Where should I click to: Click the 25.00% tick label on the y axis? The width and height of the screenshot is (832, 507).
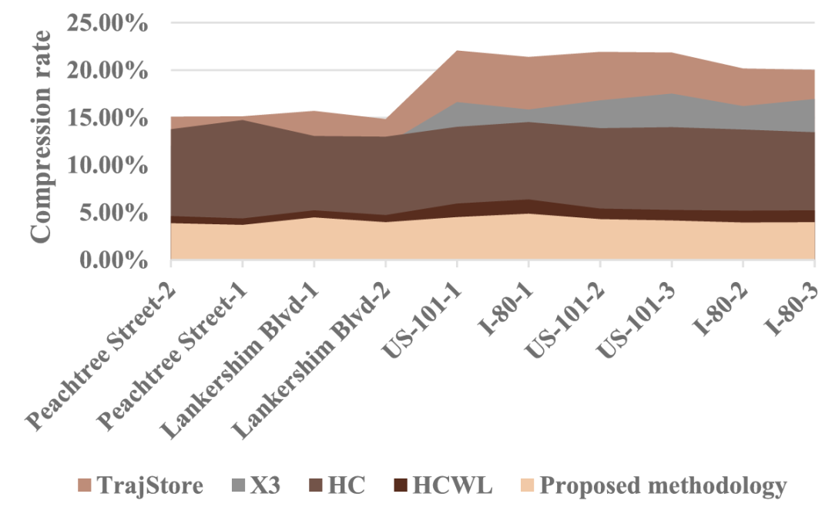(x=108, y=22)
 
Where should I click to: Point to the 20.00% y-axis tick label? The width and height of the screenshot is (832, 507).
(x=108, y=70)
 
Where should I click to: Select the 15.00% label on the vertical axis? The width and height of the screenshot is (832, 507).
(x=108, y=118)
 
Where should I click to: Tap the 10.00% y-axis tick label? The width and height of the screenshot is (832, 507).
(x=108, y=166)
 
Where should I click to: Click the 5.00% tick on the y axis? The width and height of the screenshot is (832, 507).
(x=114, y=213)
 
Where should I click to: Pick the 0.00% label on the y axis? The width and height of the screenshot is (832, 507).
(x=114, y=261)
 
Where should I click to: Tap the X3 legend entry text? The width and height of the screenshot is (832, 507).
(x=263, y=485)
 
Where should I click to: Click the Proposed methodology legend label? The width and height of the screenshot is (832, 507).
(x=663, y=485)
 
